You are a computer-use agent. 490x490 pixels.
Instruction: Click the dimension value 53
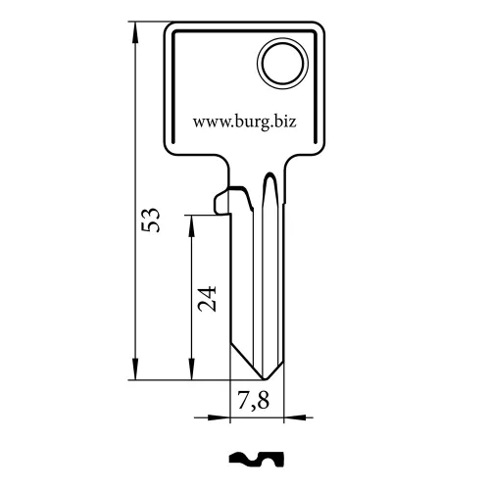[151, 220]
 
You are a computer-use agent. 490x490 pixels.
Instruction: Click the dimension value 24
[207, 299]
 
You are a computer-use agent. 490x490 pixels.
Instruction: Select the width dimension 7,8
[253, 400]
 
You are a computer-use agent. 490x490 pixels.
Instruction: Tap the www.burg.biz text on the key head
[245, 122]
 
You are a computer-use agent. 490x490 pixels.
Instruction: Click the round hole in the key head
[282, 63]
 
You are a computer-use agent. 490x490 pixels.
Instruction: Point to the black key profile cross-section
[257, 460]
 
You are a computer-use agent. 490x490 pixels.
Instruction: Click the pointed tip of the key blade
[264, 379]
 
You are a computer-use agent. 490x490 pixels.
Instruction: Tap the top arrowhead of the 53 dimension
[135, 32]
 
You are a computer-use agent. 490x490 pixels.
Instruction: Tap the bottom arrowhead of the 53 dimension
[135, 369]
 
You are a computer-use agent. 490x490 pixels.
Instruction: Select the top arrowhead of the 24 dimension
[191, 226]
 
